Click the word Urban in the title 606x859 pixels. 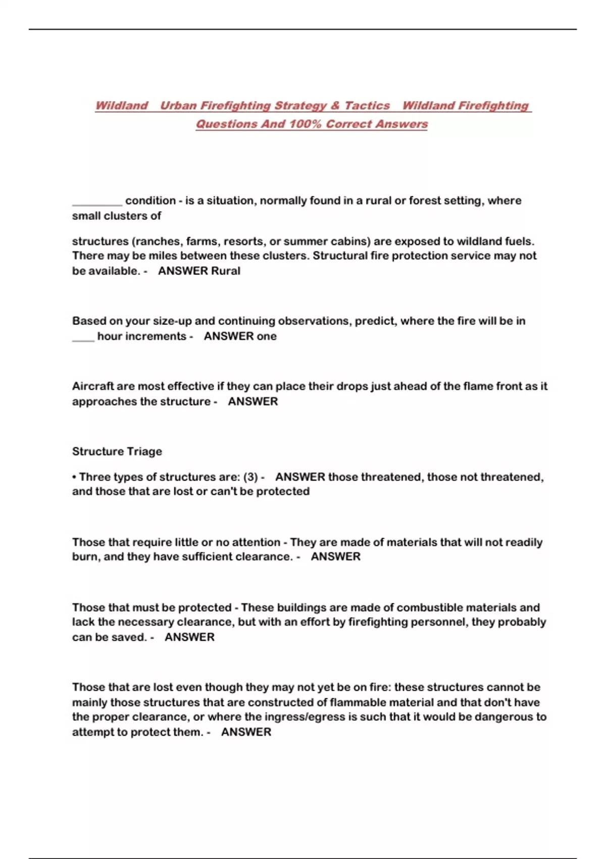(179, 106)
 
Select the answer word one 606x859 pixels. (266, 336)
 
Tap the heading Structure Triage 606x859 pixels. (117, 452)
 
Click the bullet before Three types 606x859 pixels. (74, 477)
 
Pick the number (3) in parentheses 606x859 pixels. (250, 477)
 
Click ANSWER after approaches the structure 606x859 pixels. (253, 402)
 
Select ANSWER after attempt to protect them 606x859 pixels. (246, 732)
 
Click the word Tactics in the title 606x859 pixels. (367, 106)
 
